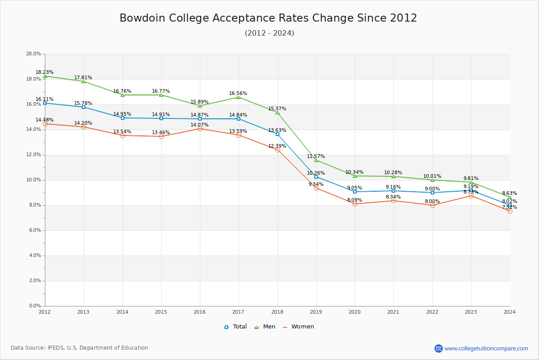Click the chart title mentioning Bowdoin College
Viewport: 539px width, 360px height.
click(x=268, y=18)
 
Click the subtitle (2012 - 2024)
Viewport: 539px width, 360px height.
click(x=269, y=33)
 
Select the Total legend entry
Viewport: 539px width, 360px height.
click(x=236, y=327)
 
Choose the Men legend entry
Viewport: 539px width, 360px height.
click(x=265, y=327)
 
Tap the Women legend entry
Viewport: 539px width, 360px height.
click(x=298, y=327)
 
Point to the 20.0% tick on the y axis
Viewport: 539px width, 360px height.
click(x=34, y=54)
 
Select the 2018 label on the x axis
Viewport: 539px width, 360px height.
click(x=278, y=311)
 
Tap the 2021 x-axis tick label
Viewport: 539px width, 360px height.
click(x=393, y=311)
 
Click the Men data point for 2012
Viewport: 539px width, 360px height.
click(x=45, y=76)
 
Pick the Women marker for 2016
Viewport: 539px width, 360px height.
click(x=200, y=129)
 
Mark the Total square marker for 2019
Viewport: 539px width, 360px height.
click(x=316, y=177)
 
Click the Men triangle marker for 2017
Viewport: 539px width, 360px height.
click(x=239, y=97)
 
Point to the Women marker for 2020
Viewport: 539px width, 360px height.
click(x=355, y=204)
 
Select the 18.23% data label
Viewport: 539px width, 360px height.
click(x=45, y=72)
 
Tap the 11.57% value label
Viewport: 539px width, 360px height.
click(x=316, y=156)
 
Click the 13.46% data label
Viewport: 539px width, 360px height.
click(x=161, y=132)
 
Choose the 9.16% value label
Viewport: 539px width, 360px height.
click(x=393, y=187)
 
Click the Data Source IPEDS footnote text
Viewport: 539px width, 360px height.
click(x=80, y=348)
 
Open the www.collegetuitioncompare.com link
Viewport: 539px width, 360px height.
click(x=486, y=348)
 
